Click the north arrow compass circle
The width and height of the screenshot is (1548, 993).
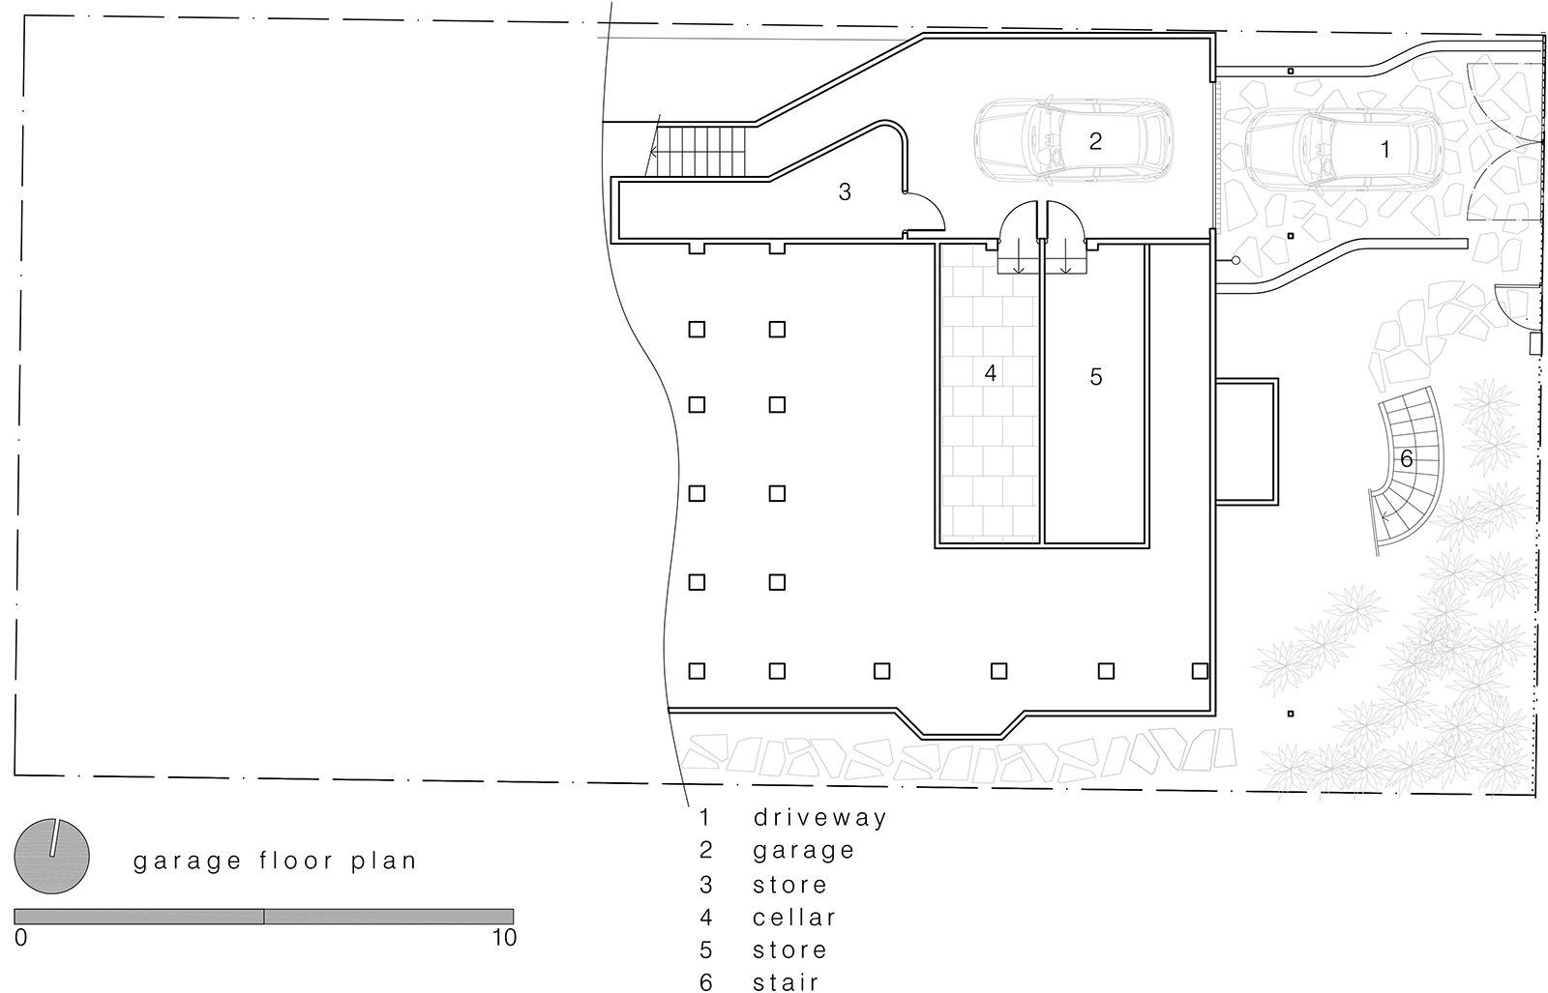[52, 857]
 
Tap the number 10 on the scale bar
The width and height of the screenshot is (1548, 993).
[504, 937]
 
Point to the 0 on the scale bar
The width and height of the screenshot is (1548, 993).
[20, 937]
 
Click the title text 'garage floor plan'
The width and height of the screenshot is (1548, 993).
[275, 862]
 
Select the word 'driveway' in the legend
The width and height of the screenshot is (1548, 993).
[819, 818]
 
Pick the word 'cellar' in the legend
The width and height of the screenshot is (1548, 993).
[794, 917]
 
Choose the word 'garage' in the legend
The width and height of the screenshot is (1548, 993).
[804, 851]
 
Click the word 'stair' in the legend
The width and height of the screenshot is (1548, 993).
[786, 982]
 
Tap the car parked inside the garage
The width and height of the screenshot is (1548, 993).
[1073, 141]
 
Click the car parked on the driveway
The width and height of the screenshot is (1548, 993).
[1344, 149]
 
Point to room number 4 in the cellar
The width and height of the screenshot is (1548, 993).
[991, 373]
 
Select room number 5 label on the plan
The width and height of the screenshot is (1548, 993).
[1096, 376]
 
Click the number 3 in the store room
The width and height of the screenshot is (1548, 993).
[845, 192]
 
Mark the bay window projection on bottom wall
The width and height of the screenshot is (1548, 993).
[962, 725]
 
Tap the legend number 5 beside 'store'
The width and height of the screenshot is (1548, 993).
[705, 949]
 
